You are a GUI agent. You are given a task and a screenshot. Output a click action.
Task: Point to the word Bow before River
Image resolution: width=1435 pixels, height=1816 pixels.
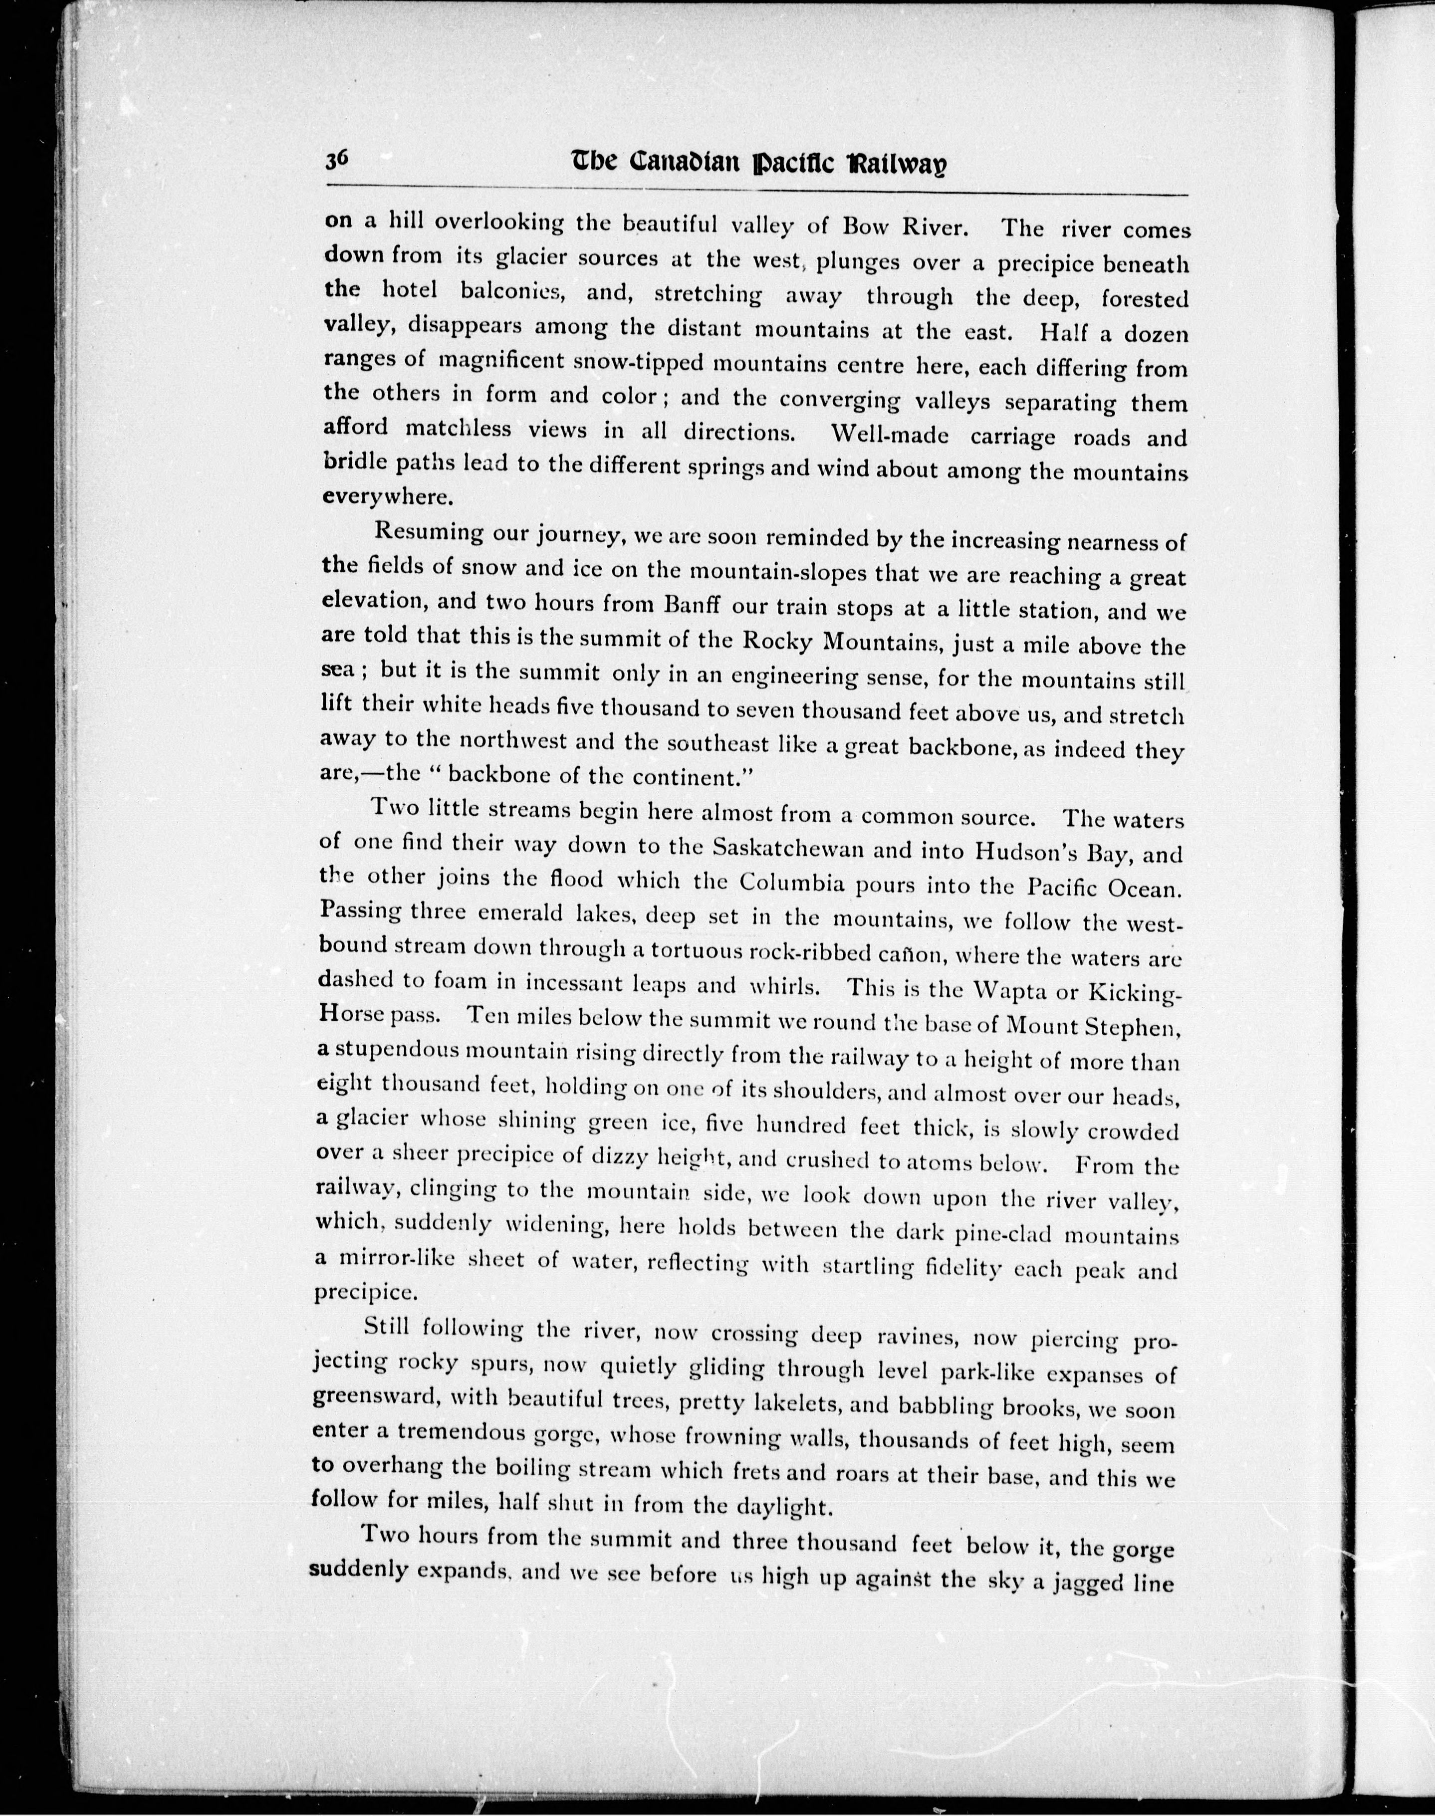coord(864,227)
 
